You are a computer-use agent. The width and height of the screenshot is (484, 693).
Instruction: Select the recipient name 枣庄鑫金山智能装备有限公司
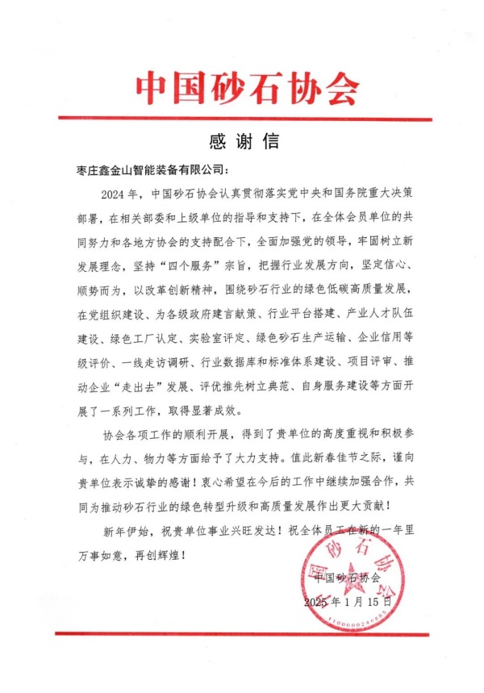point(152,170)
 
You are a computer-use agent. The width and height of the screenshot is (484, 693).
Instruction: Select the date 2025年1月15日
point(347,602)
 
